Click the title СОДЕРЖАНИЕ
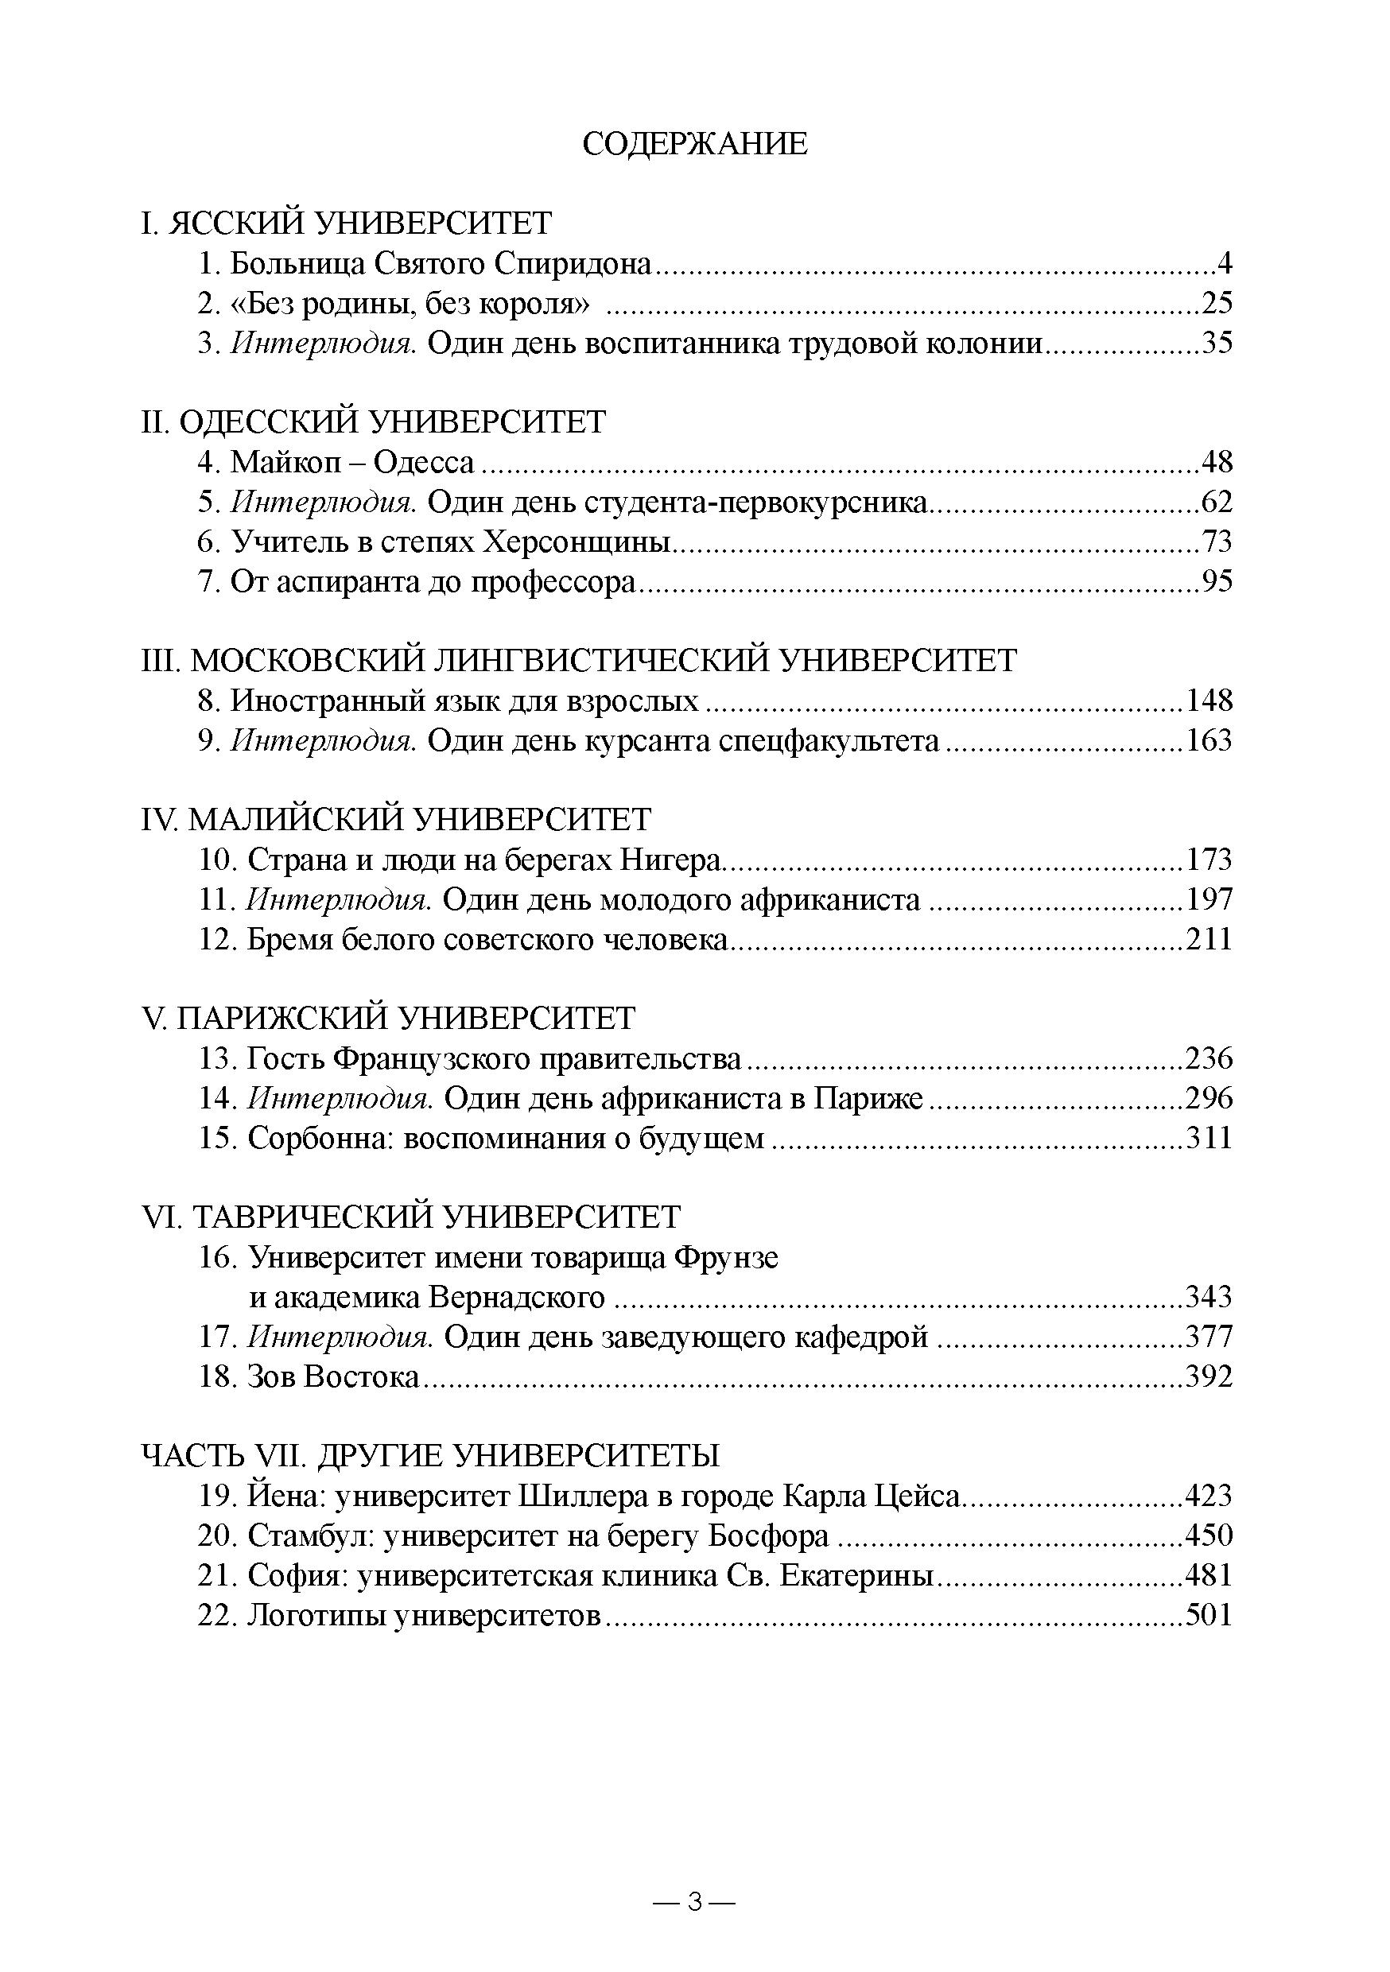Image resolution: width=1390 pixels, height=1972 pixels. coord(694,143)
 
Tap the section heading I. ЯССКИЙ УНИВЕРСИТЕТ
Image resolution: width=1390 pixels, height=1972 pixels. coord(346,223)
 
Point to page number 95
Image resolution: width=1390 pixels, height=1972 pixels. coord(1217,582)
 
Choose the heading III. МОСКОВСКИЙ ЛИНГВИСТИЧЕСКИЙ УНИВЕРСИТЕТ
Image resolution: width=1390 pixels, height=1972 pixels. coord(579,661)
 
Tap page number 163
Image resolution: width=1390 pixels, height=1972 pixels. coord(1209,740)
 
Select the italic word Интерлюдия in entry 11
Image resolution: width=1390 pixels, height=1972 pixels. coord(340,900)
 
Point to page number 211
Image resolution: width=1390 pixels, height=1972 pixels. coord(1209,940)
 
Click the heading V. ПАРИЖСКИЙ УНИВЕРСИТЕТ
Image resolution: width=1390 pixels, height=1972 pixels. coord(388,1019)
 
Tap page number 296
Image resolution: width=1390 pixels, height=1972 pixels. coord(1209,1098)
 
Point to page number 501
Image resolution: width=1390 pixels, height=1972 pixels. coord(1209,1616)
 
